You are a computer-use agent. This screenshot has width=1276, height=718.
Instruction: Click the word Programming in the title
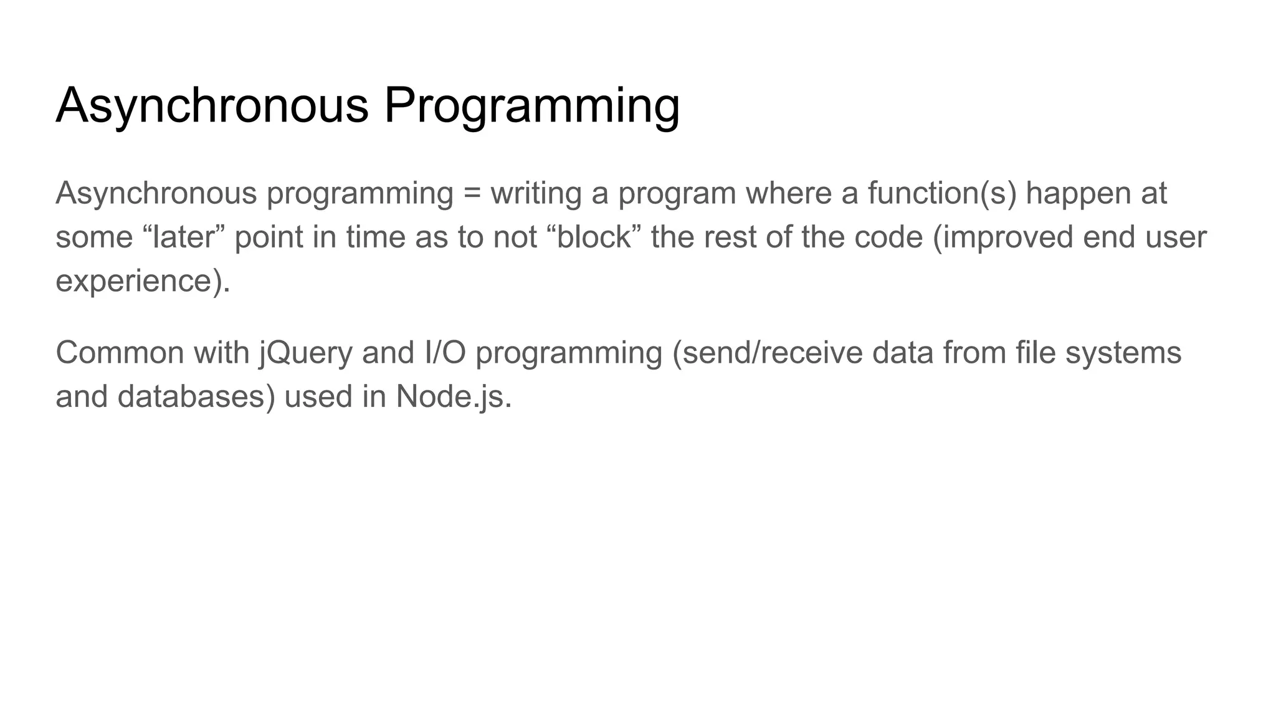pyautogui.click(x=531, y=106)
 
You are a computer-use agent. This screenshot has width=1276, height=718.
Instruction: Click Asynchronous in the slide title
pyautogui.click(x=212, y=106)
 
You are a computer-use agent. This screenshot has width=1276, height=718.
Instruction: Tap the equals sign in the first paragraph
pyautogui.click(x=472, y=193)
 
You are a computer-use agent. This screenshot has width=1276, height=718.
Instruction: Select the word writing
pyautogui.click(x=536, y=193)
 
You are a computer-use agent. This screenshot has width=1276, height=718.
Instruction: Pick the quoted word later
pyautogui.click(x=183, y=237)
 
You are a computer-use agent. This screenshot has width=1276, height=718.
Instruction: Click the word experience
pyautogui.click(x=138, y=282)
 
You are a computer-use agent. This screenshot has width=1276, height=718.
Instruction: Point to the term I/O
pyautogui.click(x=445, y=353)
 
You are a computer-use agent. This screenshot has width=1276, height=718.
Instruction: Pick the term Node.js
pyautogui.click(x=453, y=397)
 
